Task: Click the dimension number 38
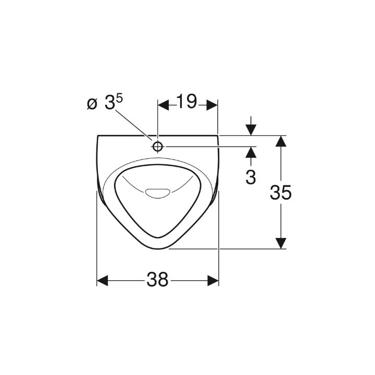click(x=157, y=280)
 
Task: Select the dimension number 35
click(x=281, y=193)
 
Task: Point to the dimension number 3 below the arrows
click(x=251, y=177)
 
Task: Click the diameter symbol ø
click(x=92, y=104)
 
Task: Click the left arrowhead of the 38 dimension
click(x=102, y=281)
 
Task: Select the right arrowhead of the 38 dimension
click(x=213, y=281)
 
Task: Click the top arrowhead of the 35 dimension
click(x=281, y=141)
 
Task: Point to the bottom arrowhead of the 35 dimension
click(x=281, y=243)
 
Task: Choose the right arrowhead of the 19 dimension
click(x=211, y=105)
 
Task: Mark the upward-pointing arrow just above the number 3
click(x=251, y=153)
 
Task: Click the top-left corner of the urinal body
click(x=98, y=136)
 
